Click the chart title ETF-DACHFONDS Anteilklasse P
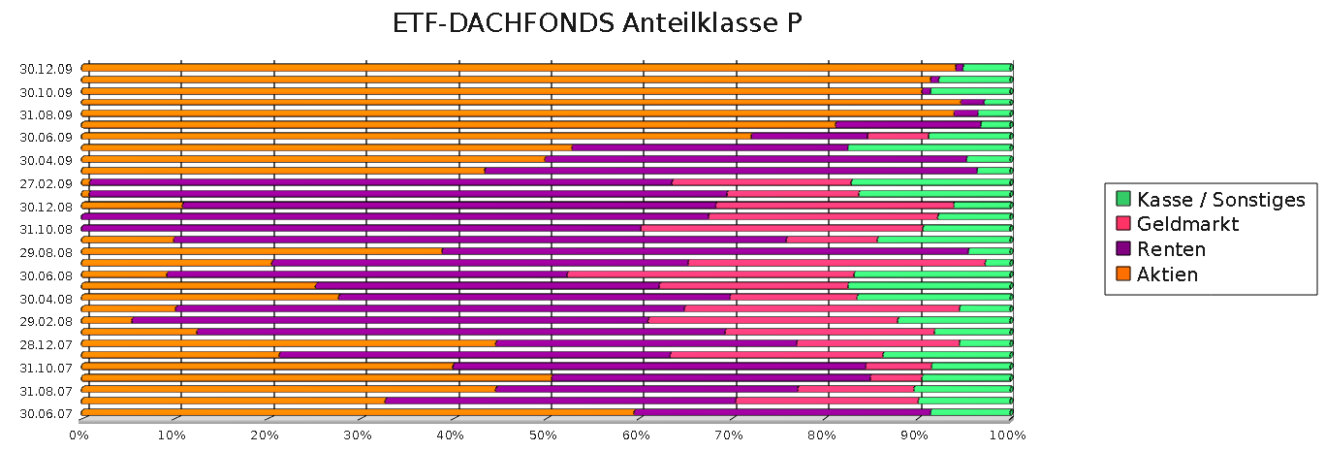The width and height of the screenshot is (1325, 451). pyautogui.click(x=597, y=23)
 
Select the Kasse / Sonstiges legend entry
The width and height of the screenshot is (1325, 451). pyautogui.click(x=1220, y=200)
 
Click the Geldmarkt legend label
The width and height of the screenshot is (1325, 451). pyautogui.click(x=1187, y=225)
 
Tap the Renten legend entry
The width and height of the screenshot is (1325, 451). pyautogui.click(x=1171, y=249)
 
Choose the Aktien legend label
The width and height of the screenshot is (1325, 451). pyautogui.click(x=1167, y=274)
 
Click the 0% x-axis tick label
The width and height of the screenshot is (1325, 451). pyautogui.click(x=79, y=435)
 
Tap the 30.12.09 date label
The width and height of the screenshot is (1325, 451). pyautogui.click(x=47, y=68)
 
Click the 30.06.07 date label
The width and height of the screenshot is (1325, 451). pyautogui.click(x=47, y=413)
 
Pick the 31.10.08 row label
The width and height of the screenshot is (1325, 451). pyautogui.click(x=47, y=229)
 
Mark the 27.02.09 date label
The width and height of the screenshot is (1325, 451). pyautogui.click(x=47, y=183)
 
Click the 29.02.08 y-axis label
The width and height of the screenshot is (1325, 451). pyautogui.click(x=47, y=321)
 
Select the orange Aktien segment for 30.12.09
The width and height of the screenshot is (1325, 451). pyautogui.click(x=514, y=68)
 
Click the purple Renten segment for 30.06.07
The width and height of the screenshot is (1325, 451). pyautogui.click(x=780, y=412)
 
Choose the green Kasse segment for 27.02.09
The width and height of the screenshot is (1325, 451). pyautogui.click(x=931, y=182)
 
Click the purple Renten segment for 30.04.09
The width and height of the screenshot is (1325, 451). pyautogui.click(x=756, y=159)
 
